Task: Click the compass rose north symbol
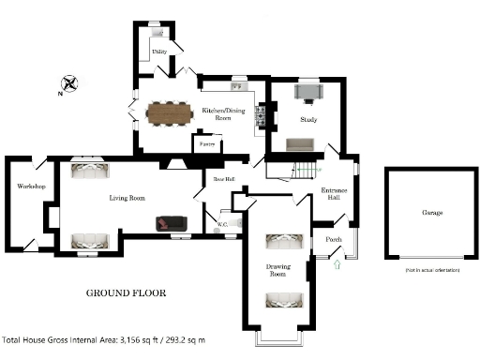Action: pos(67,83)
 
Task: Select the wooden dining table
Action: pos(166,112)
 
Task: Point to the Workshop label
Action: pos(31,187)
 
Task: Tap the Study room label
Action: pos(308,120)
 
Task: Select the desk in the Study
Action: pos(308,92)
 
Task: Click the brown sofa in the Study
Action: pos(301,143)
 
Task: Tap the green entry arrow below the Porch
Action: pos(337,265)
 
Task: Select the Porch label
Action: pos(334,239)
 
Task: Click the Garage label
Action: pos(432,213)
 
